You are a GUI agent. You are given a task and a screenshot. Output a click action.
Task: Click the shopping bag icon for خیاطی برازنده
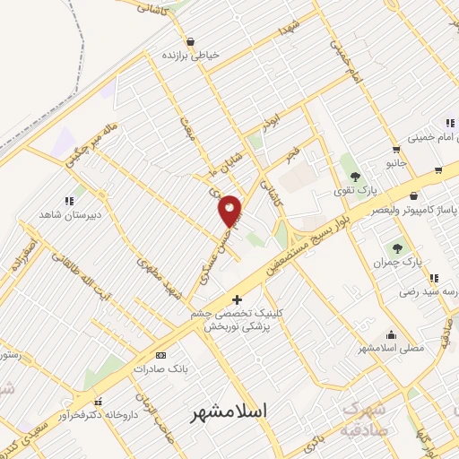click(190, 41)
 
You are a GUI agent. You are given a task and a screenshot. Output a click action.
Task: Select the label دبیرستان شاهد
click(71, 215)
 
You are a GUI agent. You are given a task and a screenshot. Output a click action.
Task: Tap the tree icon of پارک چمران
click(397, 247)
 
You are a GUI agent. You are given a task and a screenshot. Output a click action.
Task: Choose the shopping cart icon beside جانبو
click(395, 150)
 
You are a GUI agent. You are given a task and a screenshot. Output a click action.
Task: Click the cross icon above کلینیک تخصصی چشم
click(237, 299)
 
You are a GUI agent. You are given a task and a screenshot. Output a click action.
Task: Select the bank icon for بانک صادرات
click(161, 355)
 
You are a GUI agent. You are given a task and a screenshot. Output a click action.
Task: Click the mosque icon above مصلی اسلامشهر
click(390, 333)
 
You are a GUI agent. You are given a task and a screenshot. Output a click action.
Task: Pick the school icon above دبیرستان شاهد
click(70, 202)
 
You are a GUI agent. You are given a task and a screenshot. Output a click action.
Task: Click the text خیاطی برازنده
click(191, 55)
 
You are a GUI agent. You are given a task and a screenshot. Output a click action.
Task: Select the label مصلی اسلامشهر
click(390, 347)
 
